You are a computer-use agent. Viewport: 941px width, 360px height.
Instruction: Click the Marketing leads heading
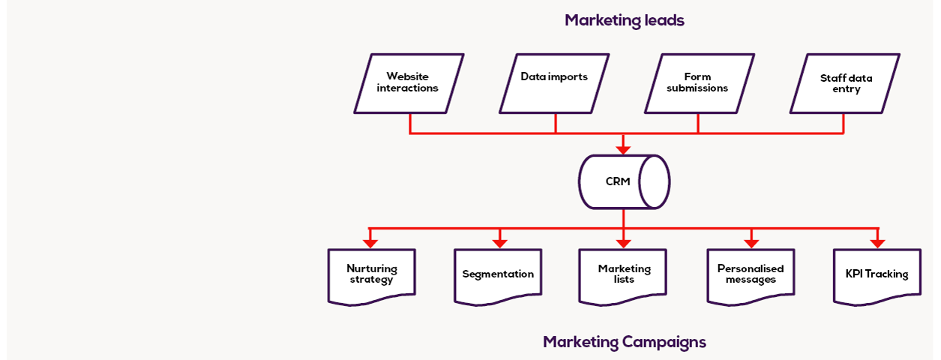coord(624,20)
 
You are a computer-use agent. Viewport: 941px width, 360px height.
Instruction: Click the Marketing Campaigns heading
coord(624,342)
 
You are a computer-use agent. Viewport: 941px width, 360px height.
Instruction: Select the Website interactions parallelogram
coord(408,82)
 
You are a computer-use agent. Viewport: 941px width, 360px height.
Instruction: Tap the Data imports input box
coord(554,82)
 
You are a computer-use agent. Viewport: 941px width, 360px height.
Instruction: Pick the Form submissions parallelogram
coord(697,82)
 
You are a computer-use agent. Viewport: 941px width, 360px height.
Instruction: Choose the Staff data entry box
coord(846,82)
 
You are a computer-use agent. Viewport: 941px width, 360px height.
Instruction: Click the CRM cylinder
coord(623,181)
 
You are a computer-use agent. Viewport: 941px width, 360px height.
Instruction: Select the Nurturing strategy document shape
coord(372,276)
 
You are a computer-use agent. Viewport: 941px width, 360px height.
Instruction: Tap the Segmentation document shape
coord(498,276)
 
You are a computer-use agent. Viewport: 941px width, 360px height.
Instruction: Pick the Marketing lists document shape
coord(624,276)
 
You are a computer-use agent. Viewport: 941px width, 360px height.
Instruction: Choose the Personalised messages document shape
coord(751,276)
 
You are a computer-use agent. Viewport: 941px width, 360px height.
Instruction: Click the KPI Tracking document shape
coord(877,276)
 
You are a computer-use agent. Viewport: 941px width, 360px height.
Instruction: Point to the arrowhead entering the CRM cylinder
coord(623,149)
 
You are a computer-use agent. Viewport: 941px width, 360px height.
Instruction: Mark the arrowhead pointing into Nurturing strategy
coord(370,243)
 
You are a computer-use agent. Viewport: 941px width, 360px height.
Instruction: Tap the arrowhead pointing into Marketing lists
coord(623,243)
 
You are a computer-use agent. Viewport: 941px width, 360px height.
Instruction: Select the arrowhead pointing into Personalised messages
coord(751,243)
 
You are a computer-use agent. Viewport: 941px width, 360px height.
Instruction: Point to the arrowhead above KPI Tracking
coord(876,243)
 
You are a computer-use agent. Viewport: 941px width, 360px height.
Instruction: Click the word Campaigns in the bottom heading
coord(664,342)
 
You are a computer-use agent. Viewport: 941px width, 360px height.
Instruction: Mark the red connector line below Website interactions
coord(410,124)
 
